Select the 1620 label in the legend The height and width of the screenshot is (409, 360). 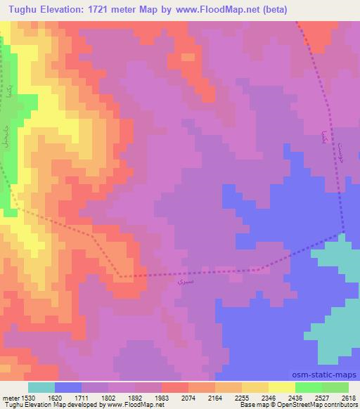click(x=56, y=397)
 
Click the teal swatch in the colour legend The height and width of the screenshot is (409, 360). click(x=41, y=387)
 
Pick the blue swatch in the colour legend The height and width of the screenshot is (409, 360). click(x=68, y=387)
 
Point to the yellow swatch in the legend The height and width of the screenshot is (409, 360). click(x=282, y=387)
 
